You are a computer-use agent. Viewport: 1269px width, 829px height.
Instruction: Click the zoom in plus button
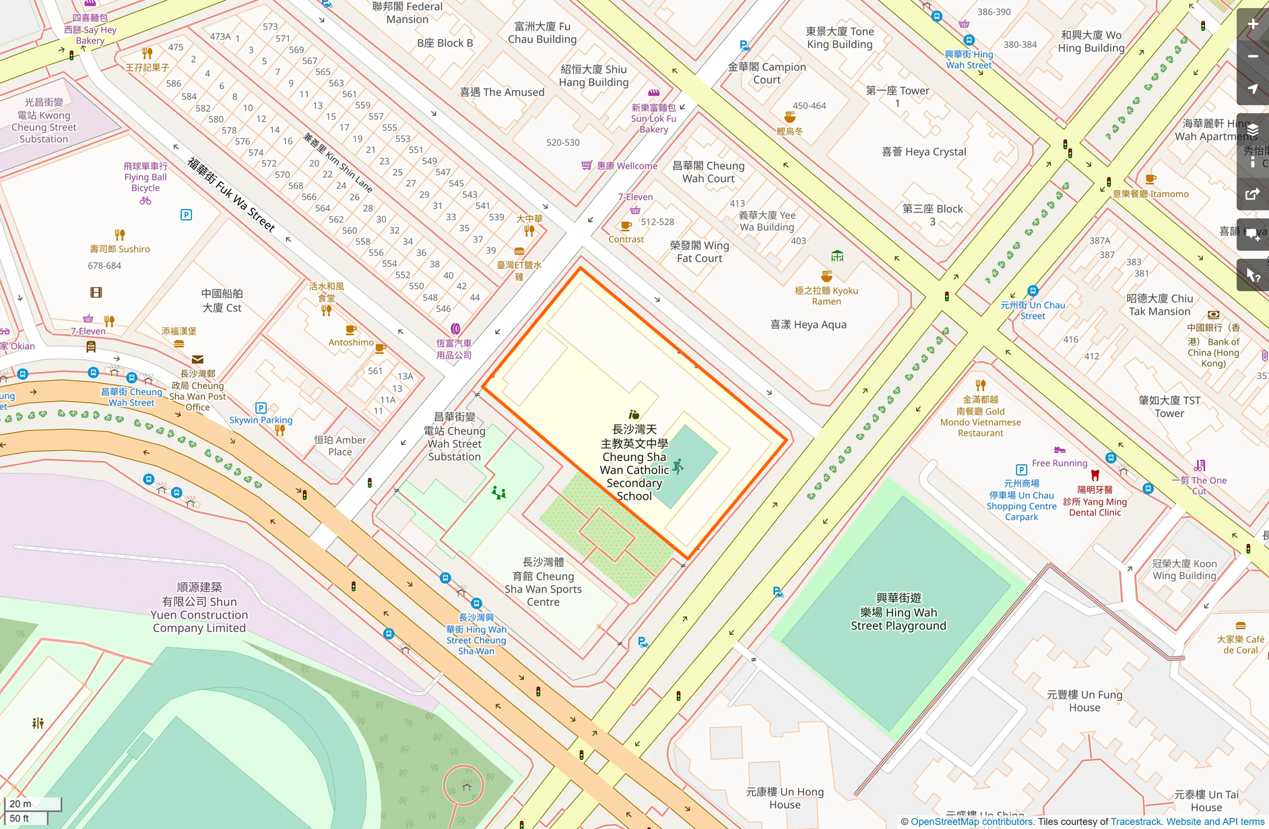[1253, 24]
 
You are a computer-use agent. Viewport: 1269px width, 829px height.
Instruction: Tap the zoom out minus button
[1253, 57]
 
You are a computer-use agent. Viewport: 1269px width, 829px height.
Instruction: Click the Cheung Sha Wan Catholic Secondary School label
[634, 462]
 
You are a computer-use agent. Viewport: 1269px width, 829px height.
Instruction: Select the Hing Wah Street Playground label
[898, 612]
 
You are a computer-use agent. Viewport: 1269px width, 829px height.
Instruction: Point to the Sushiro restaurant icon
[120, 235]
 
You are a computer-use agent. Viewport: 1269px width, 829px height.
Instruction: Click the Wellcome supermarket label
[626, 166]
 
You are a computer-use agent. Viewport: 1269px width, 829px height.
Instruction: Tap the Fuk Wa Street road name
[231, 195]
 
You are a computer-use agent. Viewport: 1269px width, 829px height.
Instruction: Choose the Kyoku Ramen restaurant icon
[826, 276]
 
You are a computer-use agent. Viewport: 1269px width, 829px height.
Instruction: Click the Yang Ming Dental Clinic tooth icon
[1095, 475]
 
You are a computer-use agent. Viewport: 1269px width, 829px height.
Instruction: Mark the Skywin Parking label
[261, 420]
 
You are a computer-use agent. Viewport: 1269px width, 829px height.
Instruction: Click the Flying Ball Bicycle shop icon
[145, 201]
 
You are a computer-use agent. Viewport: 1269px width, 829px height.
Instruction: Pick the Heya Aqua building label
[808, 325]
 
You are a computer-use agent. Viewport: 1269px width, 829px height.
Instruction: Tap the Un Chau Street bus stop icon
[1033, 291]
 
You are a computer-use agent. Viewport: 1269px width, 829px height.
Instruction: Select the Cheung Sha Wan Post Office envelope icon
[197, 360]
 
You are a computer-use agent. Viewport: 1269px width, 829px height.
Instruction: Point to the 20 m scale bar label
[20, 803]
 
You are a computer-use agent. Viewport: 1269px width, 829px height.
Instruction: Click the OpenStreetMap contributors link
[971, 822]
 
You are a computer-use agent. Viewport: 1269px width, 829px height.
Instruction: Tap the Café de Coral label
[1240, 644]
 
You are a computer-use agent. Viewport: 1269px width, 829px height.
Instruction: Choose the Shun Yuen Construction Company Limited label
[199, 608]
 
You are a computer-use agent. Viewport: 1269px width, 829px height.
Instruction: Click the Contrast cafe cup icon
[626, 226]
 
